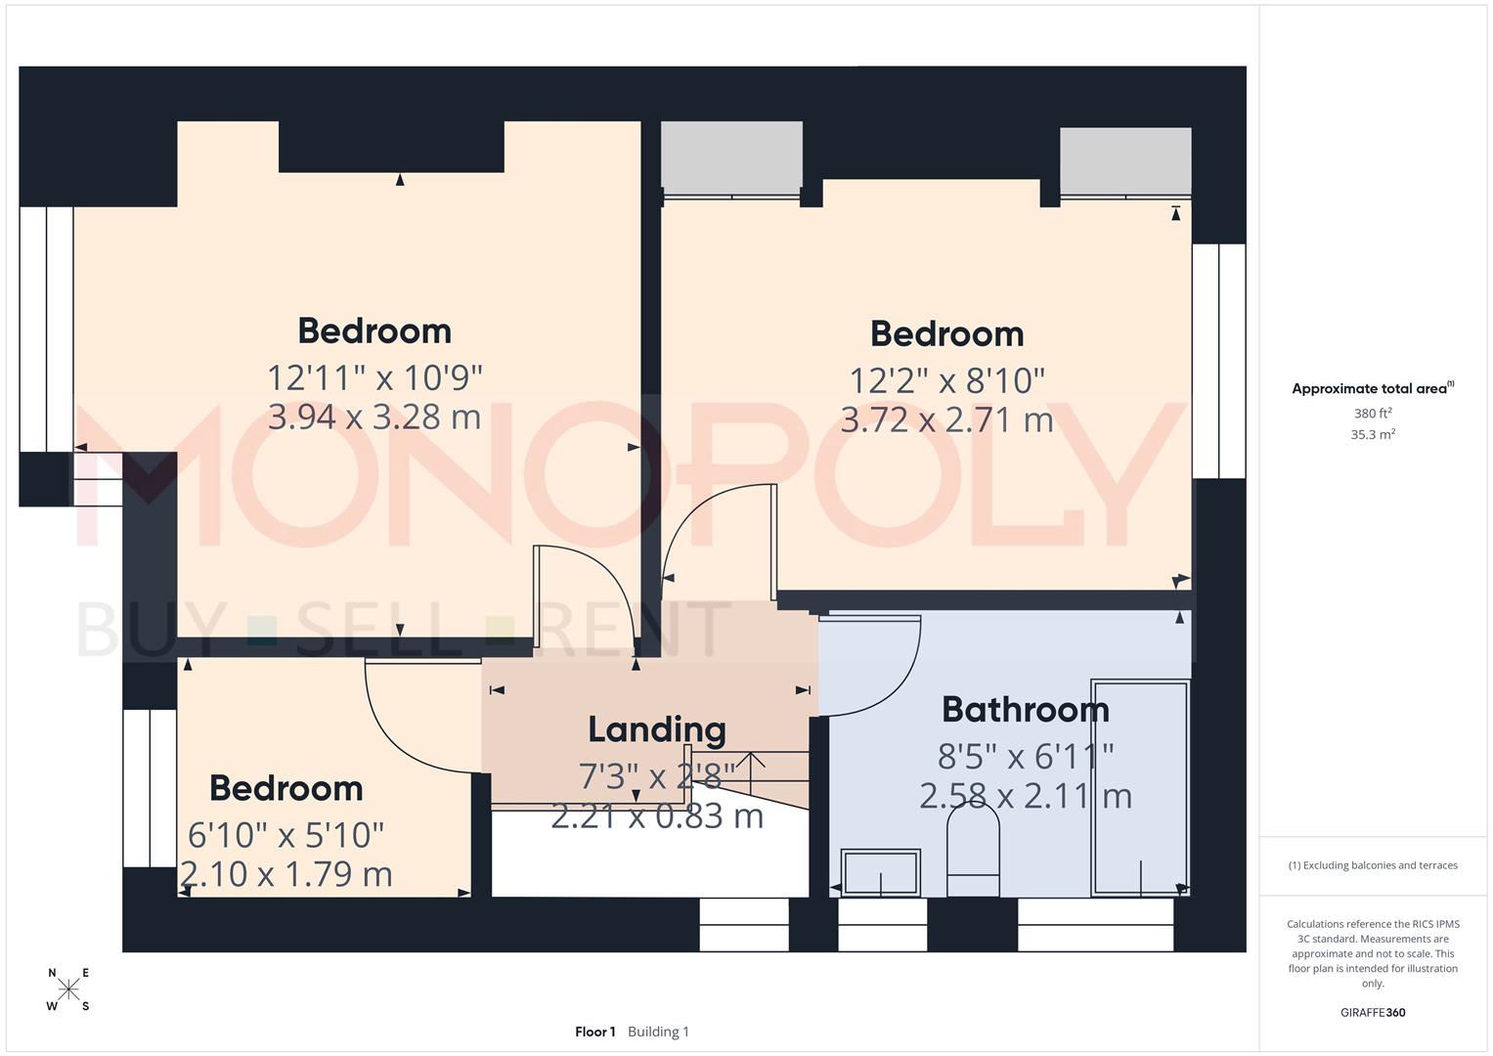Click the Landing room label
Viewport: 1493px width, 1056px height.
coord(656,729)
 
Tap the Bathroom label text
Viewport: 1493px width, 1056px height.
coord(1025,710)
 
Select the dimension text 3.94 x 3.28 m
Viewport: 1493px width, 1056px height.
coord(374,418)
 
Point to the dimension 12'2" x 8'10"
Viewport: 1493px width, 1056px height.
coord(946,380)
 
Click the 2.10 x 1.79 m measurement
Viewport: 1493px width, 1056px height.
coord(286,874)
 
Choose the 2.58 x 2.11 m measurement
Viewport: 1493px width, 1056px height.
coord(1025,796)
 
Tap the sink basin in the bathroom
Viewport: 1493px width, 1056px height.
coord(880,872)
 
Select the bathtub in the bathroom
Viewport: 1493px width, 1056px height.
coord(1140,787)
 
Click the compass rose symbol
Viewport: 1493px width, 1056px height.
coord(68,990)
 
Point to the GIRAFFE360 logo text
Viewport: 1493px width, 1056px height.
coord(1373,1013)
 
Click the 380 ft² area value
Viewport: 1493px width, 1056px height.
coord(1373,414)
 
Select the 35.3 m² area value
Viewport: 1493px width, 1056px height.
coord(1373,435)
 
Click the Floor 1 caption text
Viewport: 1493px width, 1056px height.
coord(594,1032)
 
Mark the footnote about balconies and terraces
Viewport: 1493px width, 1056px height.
coord(1373,865)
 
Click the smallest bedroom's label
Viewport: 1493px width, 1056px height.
coord(285,788)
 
